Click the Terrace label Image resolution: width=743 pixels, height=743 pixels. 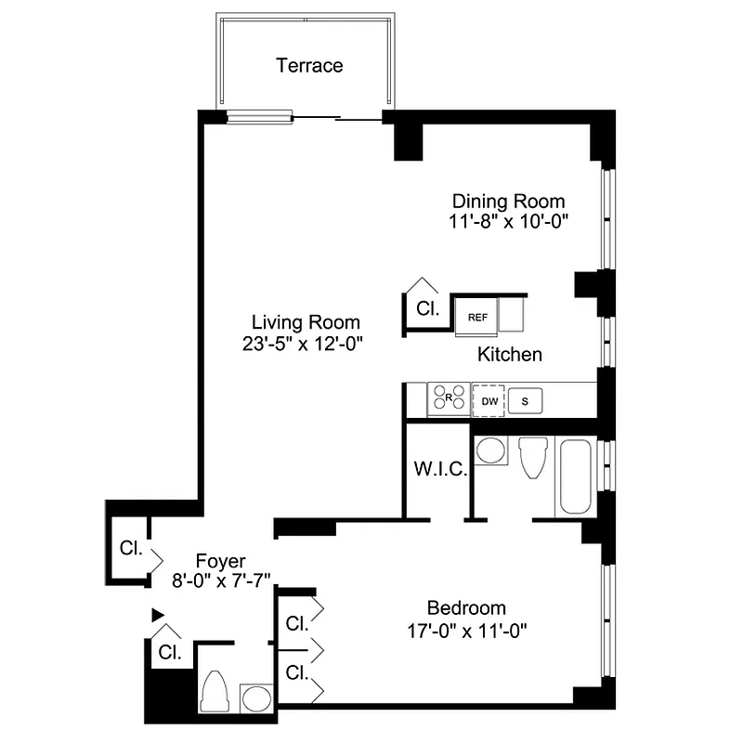point(309,66)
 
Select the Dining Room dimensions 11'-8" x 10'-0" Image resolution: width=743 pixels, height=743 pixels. point(507,222)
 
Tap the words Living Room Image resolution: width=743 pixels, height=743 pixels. point(306,323)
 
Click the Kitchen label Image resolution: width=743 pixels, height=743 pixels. point(509,355)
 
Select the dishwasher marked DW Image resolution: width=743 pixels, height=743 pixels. point(489,401)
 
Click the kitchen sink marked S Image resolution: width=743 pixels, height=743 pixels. point(526,401)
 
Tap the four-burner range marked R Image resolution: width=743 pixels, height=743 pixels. point(448,399)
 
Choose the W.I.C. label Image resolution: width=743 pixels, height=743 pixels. point(434,469)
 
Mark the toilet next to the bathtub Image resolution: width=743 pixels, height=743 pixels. point(532,458)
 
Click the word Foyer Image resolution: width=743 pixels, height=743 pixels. point(220,561)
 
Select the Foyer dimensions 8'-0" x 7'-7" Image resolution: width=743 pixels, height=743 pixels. point(220,581)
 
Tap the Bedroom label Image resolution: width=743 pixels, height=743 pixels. point(465,608)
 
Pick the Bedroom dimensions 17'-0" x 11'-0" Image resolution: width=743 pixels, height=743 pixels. point(465,630)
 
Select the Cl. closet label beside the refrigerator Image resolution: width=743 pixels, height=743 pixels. point(426,308)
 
